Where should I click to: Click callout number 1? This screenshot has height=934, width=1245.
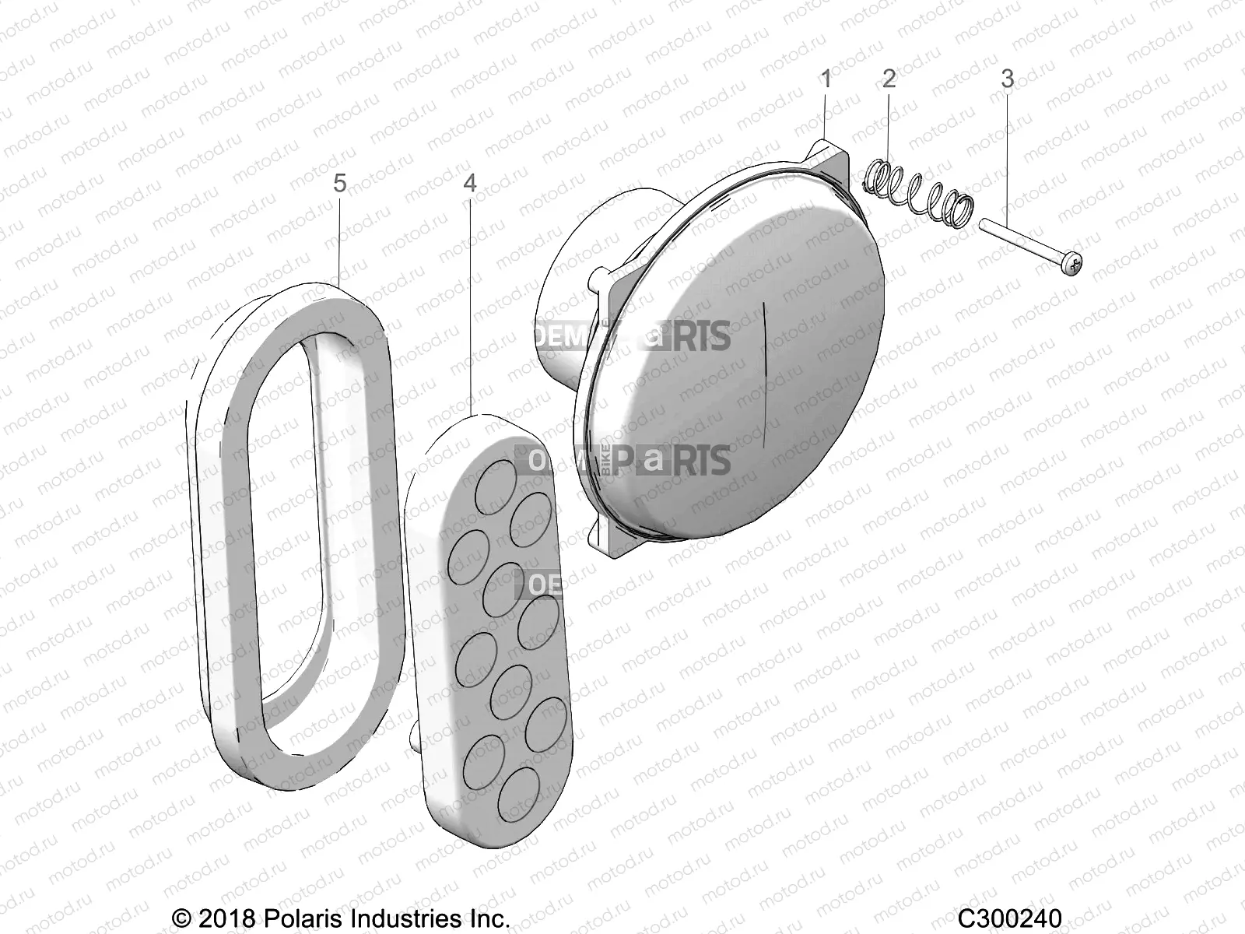point(826,79)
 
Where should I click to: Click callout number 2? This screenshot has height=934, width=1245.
point(889,79)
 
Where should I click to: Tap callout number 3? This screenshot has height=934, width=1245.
point(1007,79)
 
